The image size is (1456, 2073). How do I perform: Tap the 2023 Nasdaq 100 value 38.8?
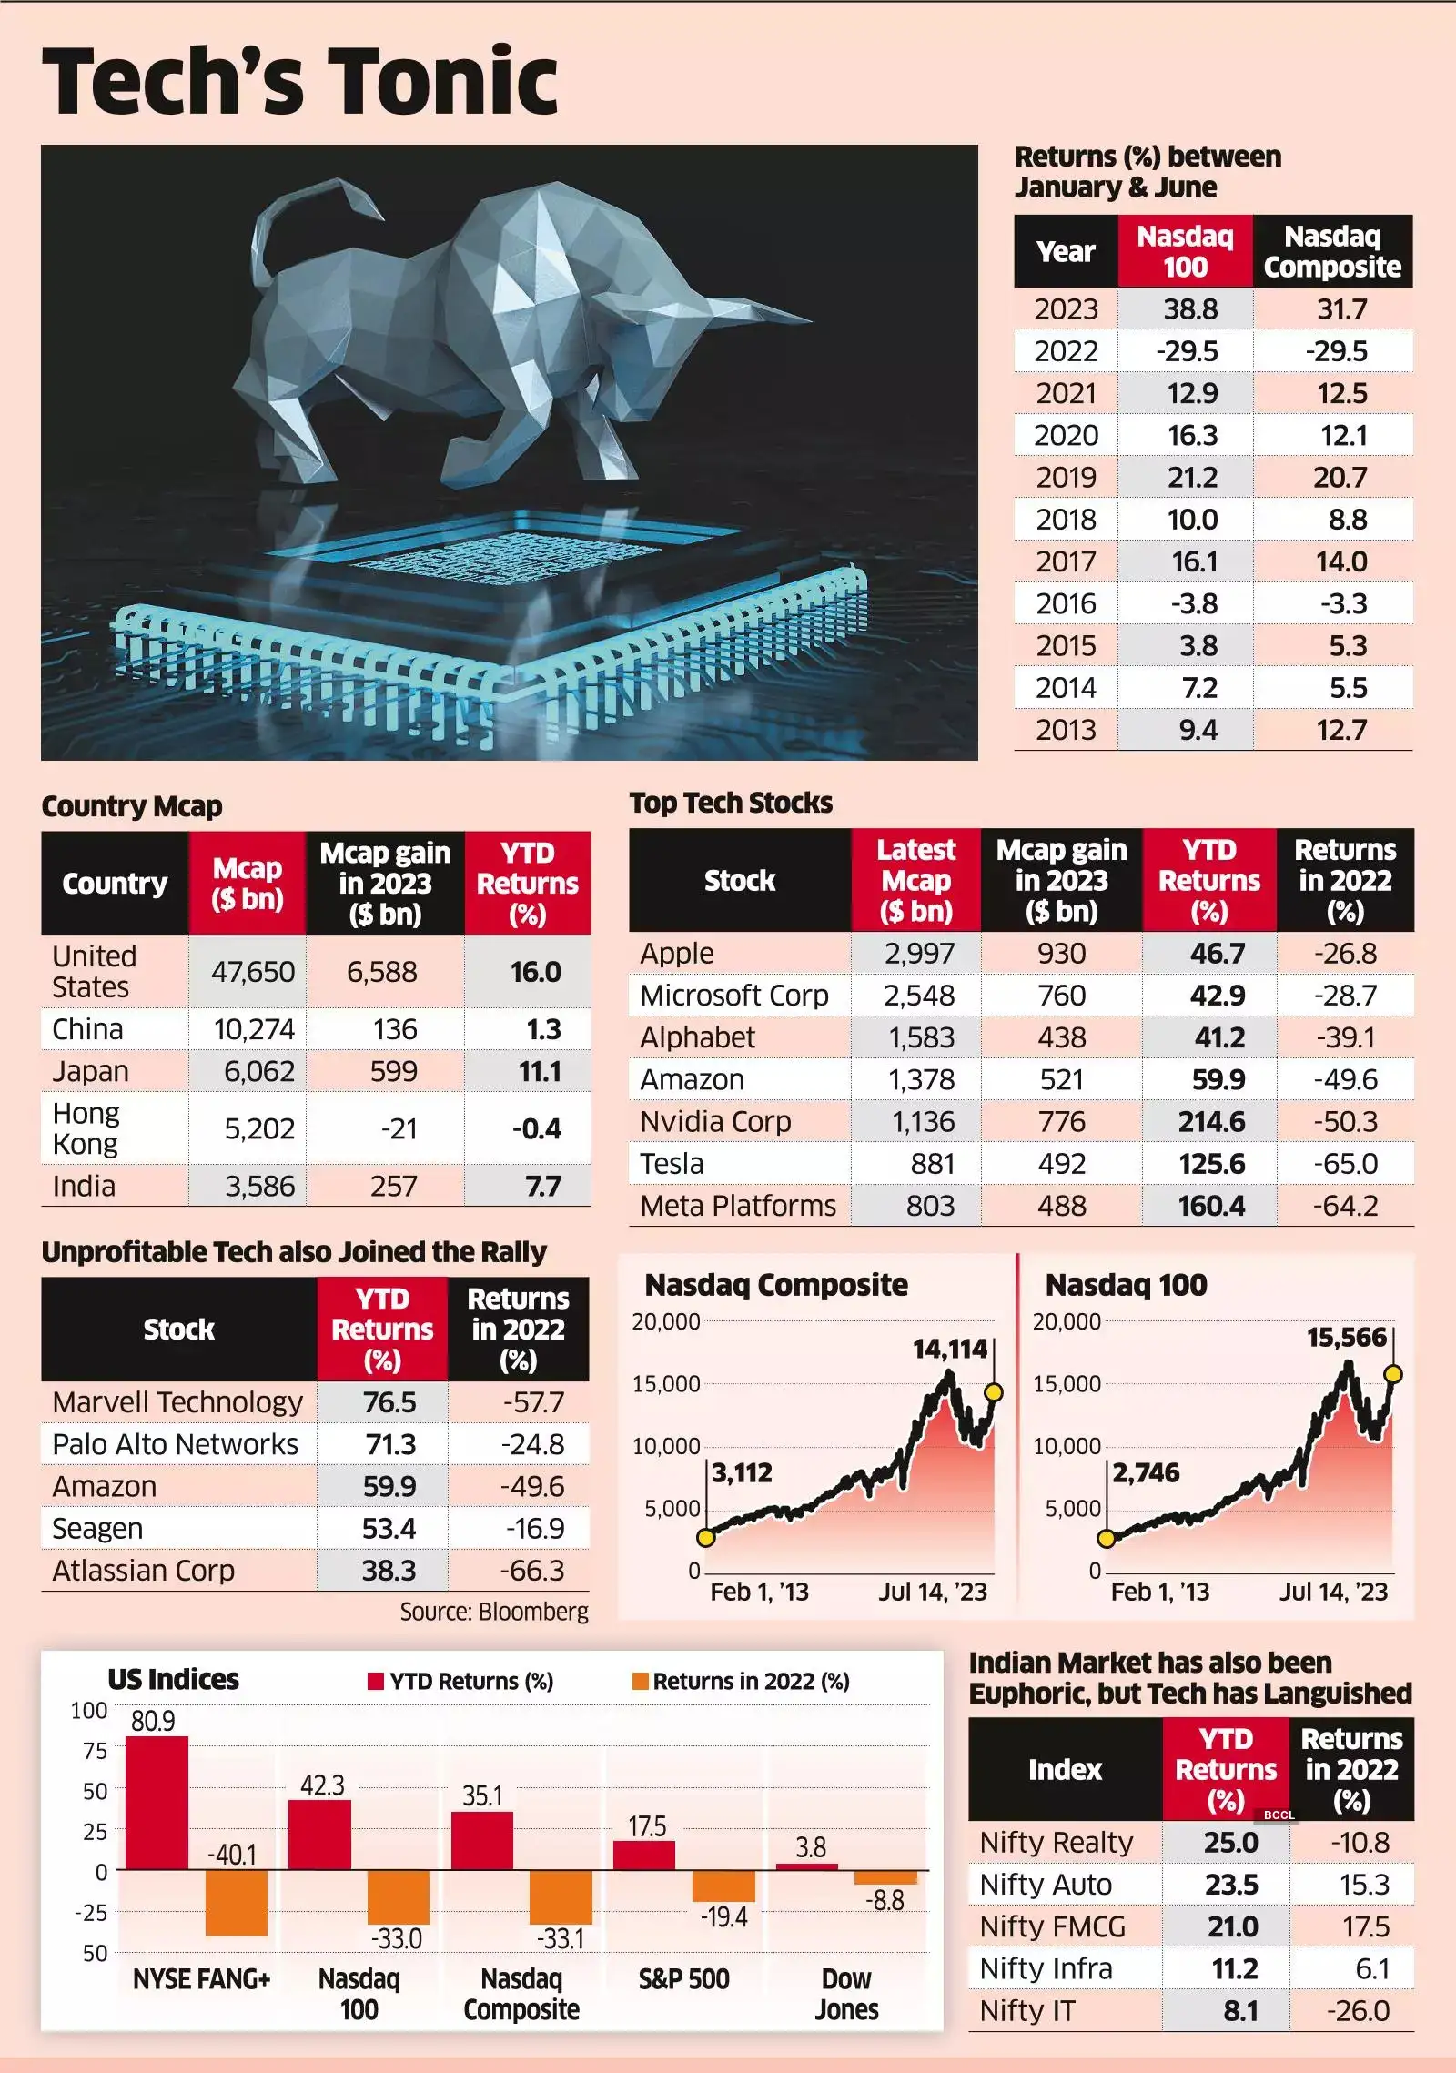pyautogui.click(x=1190, y=309)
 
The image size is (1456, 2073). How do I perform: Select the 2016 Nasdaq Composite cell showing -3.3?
pyautogui.click(x=1343, y=603)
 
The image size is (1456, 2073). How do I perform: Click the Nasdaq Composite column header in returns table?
pyautogui.click(x=1332, y=252)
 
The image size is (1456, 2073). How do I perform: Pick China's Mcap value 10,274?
pyautogui.click(x=254, y=1029)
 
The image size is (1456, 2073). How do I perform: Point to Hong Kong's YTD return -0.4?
pyautogui.click(x=536, y=1128)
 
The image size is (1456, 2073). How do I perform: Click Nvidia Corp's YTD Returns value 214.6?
pyautogui.click(x=1211, y=1121)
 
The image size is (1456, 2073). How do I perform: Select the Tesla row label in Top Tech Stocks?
pyautogui.click(x=672, y=1163)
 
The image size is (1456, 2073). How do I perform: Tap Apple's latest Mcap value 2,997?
pyautogui.click(x=919, y=953)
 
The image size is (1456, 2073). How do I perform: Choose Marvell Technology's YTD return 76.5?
pyautogui.click(x=389, y=1402)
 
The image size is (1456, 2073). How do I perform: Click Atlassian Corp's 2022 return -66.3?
pyautogui.click(x=531, y=1571)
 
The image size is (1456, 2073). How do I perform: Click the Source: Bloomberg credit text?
pyautogui.click(x=494, y=1612)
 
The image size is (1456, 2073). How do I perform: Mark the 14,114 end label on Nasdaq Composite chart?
pyautogui.click(x=949, y=1349)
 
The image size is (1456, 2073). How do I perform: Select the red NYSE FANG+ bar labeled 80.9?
pyautogui.click(x=157, y=1803)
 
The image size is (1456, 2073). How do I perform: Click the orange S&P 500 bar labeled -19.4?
pyautogui.click(x=723, y=1886)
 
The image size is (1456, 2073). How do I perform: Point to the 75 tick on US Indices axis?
pyautogui.click(x=95, y=1751)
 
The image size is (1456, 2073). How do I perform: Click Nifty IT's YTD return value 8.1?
pyautogui.click(x=1240, y=2011)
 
